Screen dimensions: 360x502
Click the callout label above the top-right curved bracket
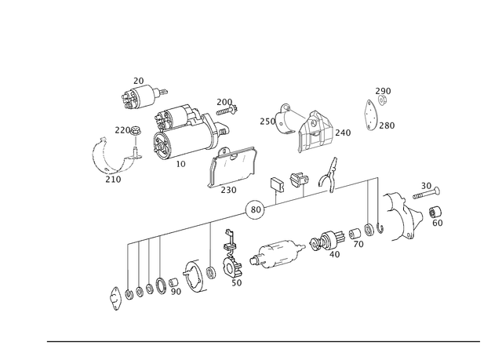pyautogui.click(x=384, y=91)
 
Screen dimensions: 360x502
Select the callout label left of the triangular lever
pyautogui.click(x=265, y=120)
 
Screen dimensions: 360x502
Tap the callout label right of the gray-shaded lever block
pyautogui.click(x=344, y=133)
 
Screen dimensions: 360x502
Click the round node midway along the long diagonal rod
pyautogui.click(x=254, y=208)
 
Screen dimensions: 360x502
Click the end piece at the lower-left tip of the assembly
pyautogui.click(x=118, y=296)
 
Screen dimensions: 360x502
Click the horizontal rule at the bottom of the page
pyautogui.click(x=263, y=343)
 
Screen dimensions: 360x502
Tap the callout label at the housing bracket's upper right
pyautogui.click(x=226, y=102)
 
